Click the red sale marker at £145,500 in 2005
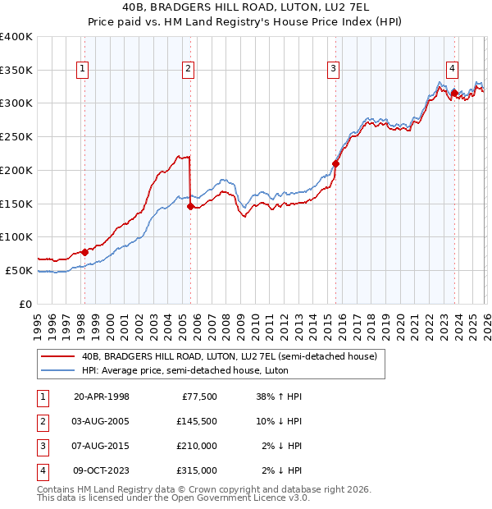point(190,207)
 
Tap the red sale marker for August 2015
point(335,163)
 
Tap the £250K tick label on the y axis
point(16,137)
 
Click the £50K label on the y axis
point(19,270)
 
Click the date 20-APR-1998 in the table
point(101,397)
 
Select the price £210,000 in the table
point(197,446)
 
